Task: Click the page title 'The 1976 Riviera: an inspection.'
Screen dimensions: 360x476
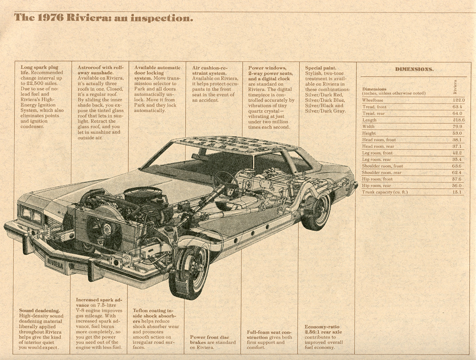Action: [x=104, y=17]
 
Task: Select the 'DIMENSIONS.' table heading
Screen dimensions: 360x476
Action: [x=414, y=69]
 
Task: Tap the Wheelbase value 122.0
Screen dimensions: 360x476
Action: [x=458, y=100]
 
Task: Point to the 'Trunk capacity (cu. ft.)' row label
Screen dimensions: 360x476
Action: [x=385, y=192]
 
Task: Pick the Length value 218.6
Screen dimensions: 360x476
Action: [x=458, y=120]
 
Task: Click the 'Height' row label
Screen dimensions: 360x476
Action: [x=369, y=133]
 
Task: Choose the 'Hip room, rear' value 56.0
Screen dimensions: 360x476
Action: [x=458, y=186]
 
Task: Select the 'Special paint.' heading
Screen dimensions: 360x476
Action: [x=321, y=68]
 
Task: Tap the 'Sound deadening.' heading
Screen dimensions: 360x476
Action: [x=39, y=310]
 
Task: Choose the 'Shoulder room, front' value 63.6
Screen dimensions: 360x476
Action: [x=458, y=166]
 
